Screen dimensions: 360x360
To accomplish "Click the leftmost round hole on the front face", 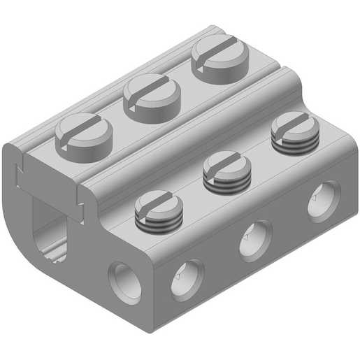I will coord(127,282).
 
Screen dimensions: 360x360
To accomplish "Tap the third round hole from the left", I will coord(255,240).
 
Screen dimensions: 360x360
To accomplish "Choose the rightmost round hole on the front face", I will coord(324,201).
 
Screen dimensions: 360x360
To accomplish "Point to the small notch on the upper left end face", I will coord(20,168).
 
